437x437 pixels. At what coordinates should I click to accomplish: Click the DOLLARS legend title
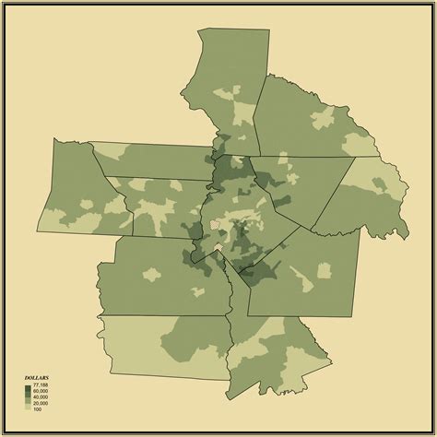36,378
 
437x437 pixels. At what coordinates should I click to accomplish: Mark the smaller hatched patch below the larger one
219,247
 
